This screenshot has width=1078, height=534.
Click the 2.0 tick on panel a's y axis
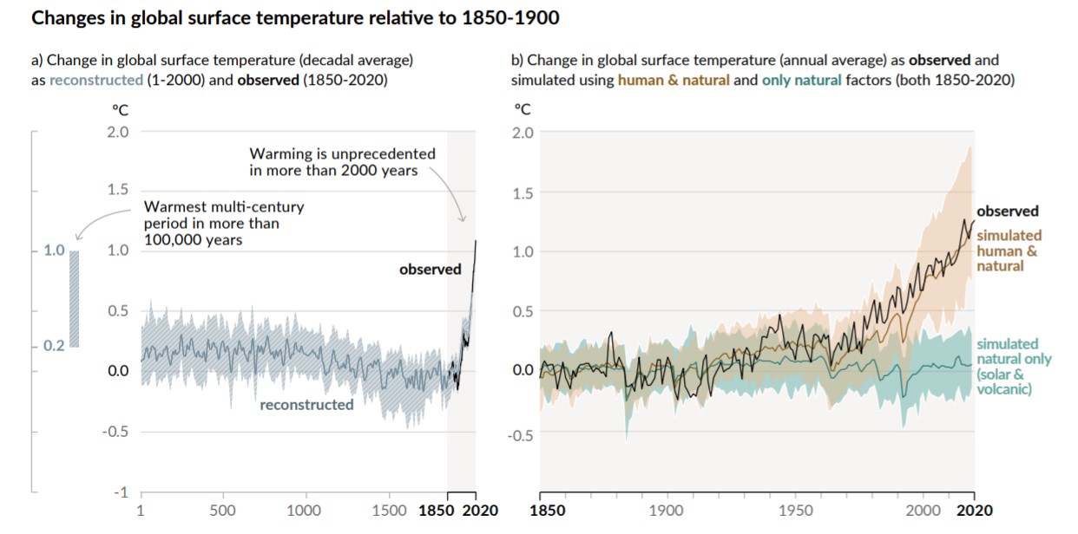point(117,132)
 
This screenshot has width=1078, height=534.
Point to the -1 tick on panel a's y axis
point(121,492)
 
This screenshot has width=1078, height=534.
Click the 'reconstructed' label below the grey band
point(306,405)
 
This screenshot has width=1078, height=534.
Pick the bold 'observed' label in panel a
point(430,270)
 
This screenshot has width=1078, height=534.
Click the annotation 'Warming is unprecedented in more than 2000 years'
point(342,162)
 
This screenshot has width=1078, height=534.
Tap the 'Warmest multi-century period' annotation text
point(224,223)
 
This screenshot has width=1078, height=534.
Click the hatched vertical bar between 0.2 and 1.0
point(75,298)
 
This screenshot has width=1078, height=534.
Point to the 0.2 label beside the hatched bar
point(55,346)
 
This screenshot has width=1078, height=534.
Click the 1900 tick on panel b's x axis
point(667,511)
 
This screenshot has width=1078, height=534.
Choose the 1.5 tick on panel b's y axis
point(523,192)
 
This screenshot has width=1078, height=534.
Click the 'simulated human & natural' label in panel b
point(1009,251)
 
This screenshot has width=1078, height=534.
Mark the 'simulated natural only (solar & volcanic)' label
point(1013,367)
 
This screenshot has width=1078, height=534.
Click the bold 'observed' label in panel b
point(1007,211)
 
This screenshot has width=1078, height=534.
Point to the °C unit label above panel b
point(523,109)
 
